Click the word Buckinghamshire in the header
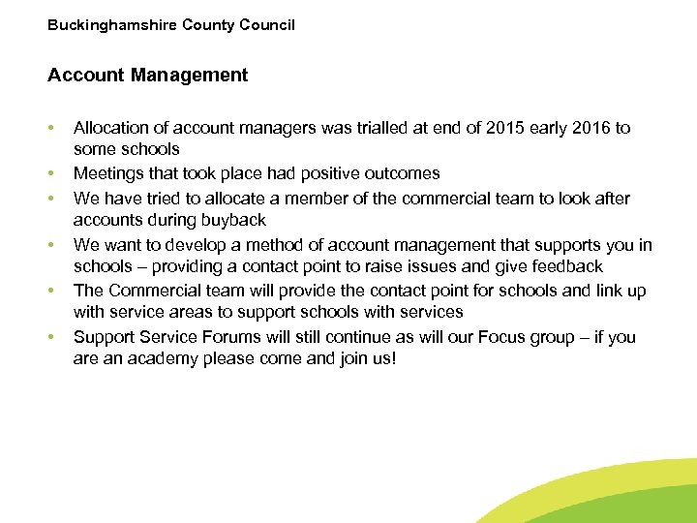point(111,24)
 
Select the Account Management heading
point(147,75)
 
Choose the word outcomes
point(402,173)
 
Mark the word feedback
point(567,266)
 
